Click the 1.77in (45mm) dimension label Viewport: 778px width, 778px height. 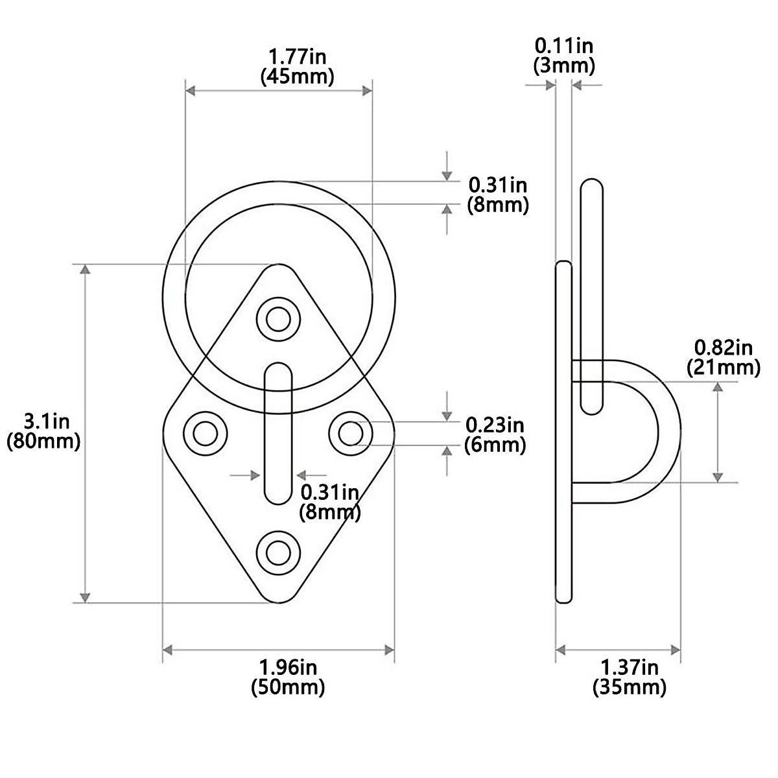click(x=297, y=66)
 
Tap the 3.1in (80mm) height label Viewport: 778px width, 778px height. click(x=43, y=432)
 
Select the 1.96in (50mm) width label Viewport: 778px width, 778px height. click(x=288, y=677)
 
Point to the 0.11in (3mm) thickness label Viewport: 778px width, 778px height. click(x=563, y=55)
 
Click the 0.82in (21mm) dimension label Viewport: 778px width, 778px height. click(x=723, y=357)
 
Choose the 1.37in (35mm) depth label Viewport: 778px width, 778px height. click(x=629, y=677)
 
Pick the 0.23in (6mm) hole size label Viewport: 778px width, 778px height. click(x=495, y=435)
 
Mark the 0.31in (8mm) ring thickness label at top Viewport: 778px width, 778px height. click(x=498, y=194)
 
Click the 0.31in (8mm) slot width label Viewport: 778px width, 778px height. click(x=329, y=502)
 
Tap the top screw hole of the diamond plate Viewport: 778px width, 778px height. click(x=279, y=318)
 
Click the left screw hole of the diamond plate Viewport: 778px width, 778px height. click(x=206, y=432)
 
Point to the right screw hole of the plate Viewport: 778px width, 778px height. click(x=351, y=432)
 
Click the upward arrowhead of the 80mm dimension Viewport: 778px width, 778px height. click(x=84, y=269)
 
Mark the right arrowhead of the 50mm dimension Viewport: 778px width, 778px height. click(x=390, y=650)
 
